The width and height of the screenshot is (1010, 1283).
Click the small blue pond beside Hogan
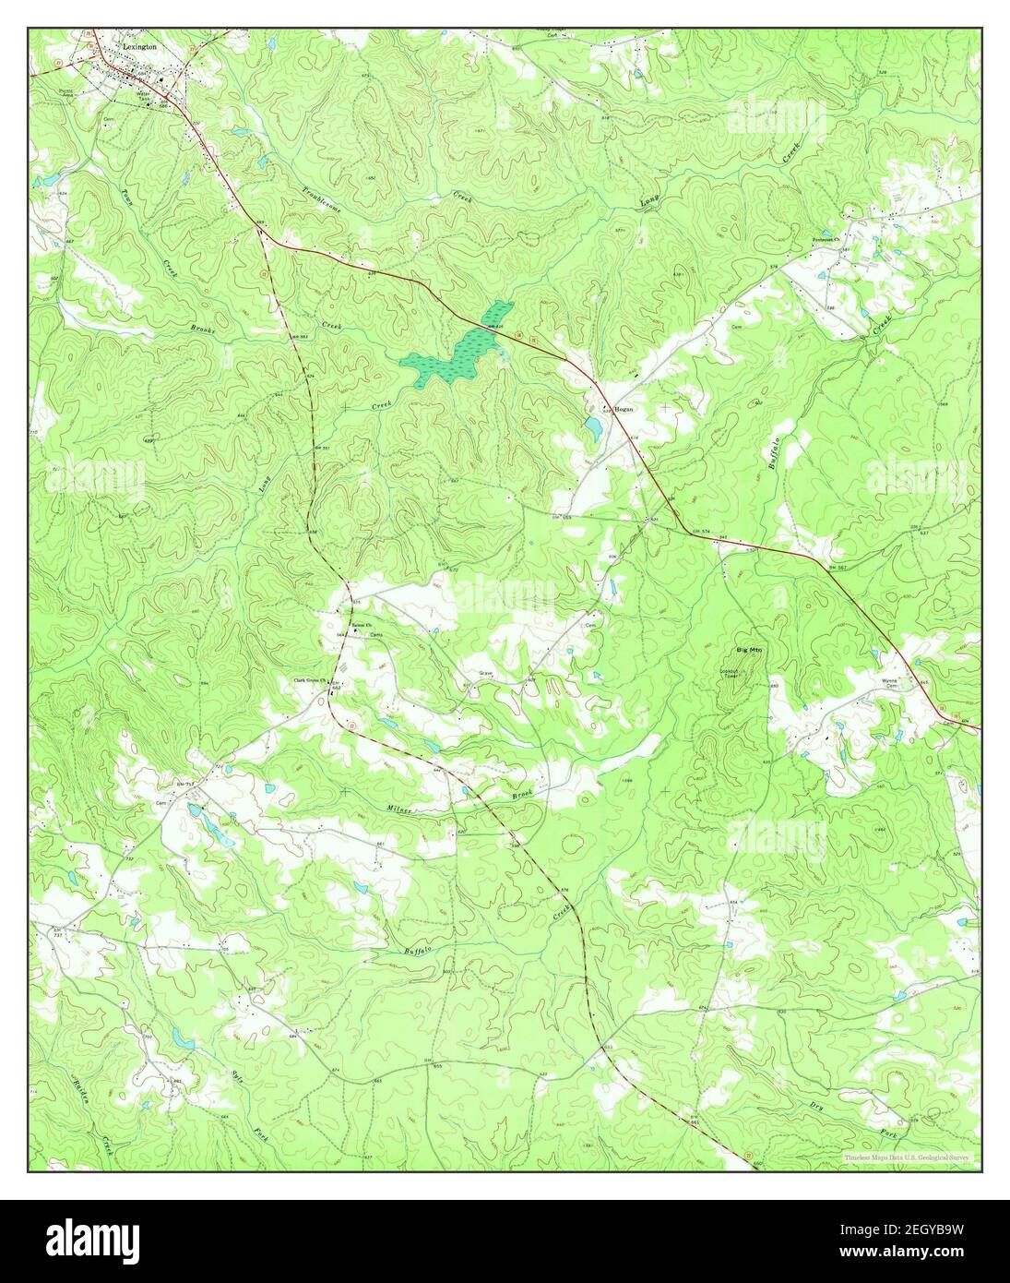(592, 426)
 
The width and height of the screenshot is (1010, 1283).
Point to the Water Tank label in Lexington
(144, 95)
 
